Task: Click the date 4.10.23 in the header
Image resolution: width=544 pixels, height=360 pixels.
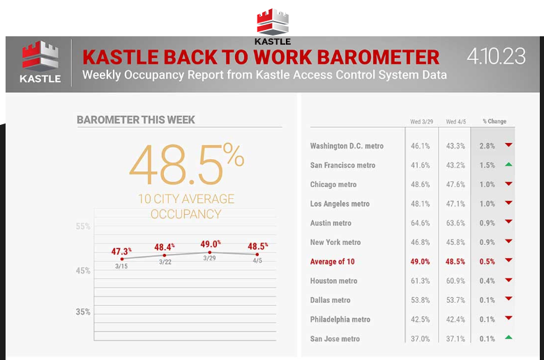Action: click(x=496, y=57)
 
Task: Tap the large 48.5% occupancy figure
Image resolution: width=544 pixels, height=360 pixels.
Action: click(x=187, y=165)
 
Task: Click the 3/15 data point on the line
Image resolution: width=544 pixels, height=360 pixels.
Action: click(x=122, y=259)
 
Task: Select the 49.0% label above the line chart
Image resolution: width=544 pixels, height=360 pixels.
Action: click(x=211, y=244)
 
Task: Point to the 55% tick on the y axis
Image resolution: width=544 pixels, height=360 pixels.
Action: click(x=83, y=226)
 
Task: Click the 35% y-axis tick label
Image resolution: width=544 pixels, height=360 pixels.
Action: click(x=83, y=312)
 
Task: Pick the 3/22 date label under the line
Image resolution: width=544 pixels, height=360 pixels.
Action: click(x=165, y=262)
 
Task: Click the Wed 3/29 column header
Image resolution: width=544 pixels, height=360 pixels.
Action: click(x=421, y=121)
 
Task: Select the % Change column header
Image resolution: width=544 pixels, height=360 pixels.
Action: click(x=494, y=121)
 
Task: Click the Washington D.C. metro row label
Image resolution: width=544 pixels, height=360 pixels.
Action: click(x=347, y=146)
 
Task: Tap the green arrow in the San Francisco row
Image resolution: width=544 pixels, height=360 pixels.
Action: click(x=508, y=164)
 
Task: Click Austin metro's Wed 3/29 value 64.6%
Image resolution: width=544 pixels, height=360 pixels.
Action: click(x=420, y=223)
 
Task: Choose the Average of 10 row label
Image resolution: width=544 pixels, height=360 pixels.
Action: click(x=333, y=262)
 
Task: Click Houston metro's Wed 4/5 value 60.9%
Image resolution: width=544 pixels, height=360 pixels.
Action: click(x=455, y=281)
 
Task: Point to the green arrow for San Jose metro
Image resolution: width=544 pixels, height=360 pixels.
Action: click(x=508, y=337)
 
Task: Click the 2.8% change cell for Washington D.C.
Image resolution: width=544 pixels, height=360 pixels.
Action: click(x=487, y=146)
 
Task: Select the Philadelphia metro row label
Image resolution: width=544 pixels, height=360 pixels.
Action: click(x=340, y=320)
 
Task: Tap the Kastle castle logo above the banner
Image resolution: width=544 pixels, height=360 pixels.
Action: click(x=273, y=22)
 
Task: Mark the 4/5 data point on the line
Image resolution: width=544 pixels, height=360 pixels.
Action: click(x=257, y=255)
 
